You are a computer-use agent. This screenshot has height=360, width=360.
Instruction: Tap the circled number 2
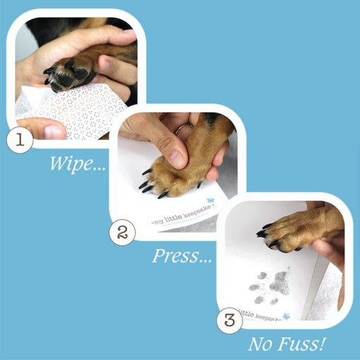point(123,233)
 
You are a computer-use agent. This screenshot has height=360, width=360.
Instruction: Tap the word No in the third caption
point(261,346)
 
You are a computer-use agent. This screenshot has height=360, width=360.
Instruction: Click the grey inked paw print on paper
point(276,286)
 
